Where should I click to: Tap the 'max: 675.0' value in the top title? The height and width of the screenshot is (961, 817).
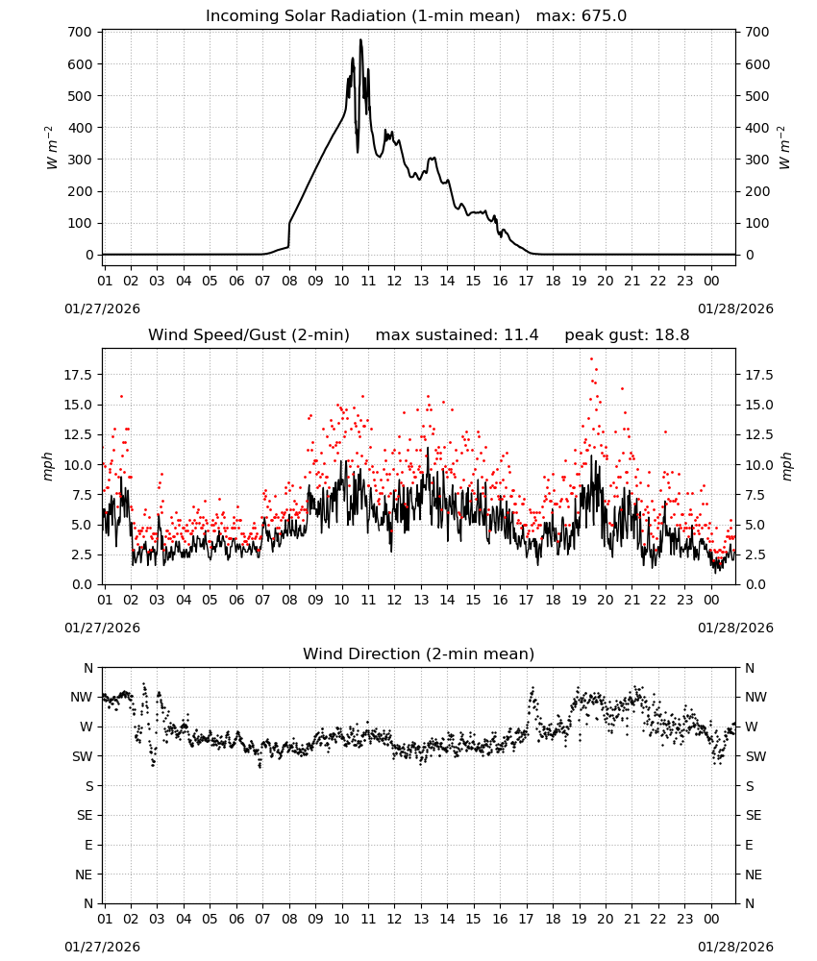582,16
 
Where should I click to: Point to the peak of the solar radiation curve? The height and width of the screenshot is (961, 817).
360,39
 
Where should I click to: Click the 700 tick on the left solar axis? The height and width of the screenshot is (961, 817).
81,32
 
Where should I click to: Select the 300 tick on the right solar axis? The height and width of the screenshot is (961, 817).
757,160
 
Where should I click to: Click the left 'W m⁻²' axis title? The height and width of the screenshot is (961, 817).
52,147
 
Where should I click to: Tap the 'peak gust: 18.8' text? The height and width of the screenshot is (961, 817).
627,335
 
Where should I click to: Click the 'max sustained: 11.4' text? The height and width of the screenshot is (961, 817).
458,335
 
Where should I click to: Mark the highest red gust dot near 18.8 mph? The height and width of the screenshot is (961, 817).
591,359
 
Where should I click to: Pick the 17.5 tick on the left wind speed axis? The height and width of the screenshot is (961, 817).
79,375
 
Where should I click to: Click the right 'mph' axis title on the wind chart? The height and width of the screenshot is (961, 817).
786,466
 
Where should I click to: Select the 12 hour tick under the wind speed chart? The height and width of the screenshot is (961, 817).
394,600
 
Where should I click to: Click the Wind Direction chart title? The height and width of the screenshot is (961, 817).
419,653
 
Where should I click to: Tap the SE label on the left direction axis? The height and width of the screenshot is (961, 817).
85,816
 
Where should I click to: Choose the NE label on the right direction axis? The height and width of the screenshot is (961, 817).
754,875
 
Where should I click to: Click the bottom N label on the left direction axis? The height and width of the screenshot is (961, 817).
88,903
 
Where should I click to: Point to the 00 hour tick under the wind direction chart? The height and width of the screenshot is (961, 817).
711,919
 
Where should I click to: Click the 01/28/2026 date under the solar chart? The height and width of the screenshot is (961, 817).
735,308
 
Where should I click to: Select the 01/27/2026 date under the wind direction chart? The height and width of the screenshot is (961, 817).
102,947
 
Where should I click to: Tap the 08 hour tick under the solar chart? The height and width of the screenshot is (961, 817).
289,281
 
